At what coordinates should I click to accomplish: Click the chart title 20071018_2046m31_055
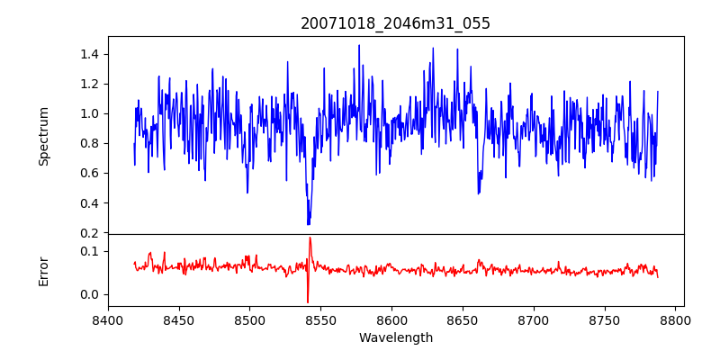click(x=395, y=23)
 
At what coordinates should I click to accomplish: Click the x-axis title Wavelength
click(x=395, y=337)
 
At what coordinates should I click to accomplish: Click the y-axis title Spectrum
click(x=43, y=136)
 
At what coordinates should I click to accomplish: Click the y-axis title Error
click(x=43, y=270)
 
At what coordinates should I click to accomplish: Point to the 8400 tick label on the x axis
click(x=108, y=319)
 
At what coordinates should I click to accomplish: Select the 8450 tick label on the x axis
click(x=179, y=319)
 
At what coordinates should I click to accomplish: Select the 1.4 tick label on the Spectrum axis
click(x=88, y=54)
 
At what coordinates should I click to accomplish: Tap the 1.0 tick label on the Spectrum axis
click(x=88, y=113)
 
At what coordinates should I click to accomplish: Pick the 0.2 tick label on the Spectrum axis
click(x=88, y=232)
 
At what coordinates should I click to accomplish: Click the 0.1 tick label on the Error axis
click(x=88, y=250)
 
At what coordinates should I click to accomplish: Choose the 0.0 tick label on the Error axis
click(x=88, y=294)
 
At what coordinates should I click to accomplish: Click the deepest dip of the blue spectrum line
click(x=308, y=224)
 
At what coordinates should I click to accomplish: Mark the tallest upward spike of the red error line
click(x=310, y=238)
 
